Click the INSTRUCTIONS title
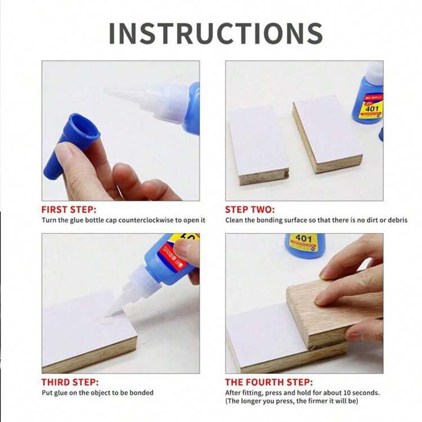pos(216,33)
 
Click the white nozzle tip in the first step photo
pos(107,92)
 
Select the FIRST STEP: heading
pos(69,209)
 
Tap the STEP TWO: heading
pos(250,209)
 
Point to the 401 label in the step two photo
pos(372,109)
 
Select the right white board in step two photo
pos(327,134)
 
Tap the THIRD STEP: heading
pos(70,382)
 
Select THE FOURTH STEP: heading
pos(269,382)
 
